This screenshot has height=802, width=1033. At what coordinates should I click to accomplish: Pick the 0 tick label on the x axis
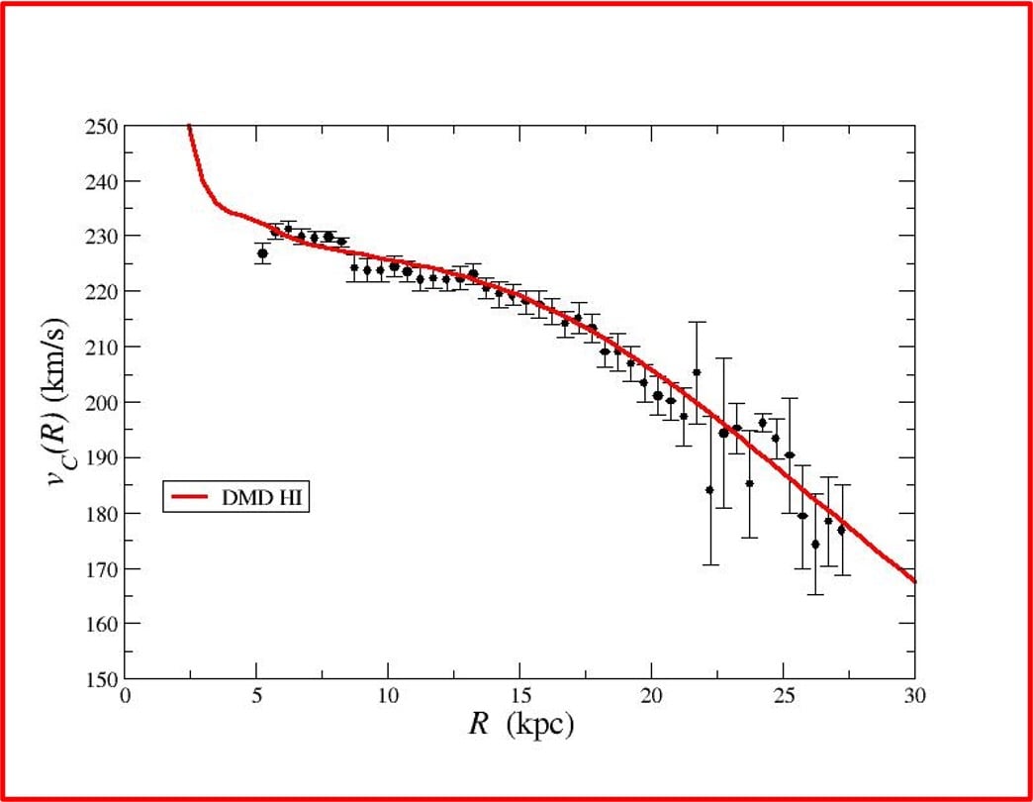pyautogui.click(x=125, y=696)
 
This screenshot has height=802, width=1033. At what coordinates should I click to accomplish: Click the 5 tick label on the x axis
pyautogui.click(x=256, y=696)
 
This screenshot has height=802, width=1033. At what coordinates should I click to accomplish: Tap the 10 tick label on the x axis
pyautogui.click(x=388, y=696)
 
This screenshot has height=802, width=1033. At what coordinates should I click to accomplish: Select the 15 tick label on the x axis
pyautogui.click(x=519, y=696)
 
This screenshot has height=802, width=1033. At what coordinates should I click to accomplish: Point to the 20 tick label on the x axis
pyautogui.click(x=651, y=696)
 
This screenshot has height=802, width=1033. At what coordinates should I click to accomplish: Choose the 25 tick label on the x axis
pyautogui.click(x=783, y=696)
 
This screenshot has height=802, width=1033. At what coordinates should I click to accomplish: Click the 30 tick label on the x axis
pyautogui.click(x=913, y=696)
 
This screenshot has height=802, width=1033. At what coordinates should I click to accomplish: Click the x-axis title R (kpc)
pyautogui.click(x=520, y=725)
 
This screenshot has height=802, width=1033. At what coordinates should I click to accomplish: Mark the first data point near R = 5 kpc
pyautogui.click(x=262, y=253)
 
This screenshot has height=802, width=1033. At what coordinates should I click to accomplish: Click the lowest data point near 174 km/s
pyautogui.click(x=815, y=544)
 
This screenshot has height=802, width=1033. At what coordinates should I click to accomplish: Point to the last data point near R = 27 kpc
pyautogui.click(x=841, y=530)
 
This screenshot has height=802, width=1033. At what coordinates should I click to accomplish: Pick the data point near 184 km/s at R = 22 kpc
pyautogui.click(x=709, y=489)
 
